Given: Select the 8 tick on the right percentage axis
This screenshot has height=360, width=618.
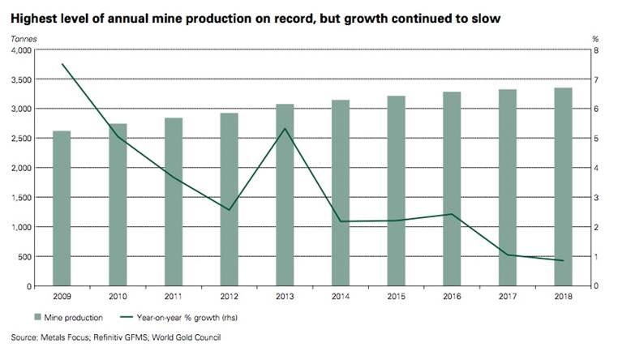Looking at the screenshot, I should (597, 50).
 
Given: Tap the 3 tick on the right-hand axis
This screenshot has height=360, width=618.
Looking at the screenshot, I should (597, 198).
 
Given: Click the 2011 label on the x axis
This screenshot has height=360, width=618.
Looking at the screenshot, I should (174, 296).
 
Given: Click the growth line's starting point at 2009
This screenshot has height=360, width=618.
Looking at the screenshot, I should (62, 64).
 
